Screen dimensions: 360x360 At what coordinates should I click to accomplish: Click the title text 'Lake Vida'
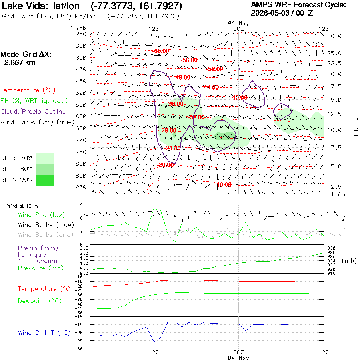pyautogui.click(x=24, y=6)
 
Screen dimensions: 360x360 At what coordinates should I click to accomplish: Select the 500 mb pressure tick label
pyautogui.click(x=81, y=93)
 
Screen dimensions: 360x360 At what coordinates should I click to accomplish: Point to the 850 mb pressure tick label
pyautogui.click(x=81, y=176)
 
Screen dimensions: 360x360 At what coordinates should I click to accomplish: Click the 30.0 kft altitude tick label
pyautogui.click(x=334, y=36)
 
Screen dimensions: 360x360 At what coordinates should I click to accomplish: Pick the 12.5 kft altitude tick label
pyautogui.click(x=334, y=114)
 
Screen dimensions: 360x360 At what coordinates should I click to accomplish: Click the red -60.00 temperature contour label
pyautogui.click(x=162, y=51)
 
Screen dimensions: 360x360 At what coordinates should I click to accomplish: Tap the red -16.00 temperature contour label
pyautogui.click(x=224, y=184)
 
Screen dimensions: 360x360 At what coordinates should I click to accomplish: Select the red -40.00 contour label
pyautogui.click(x=239, y=97)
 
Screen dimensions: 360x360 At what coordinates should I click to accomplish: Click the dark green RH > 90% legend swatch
pyautogui.click(x=45, y=180)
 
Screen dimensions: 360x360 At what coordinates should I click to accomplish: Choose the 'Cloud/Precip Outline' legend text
pyautogui.click(x=33, y=112)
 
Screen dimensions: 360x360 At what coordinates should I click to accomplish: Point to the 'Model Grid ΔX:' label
pyautogui.click(x=26, y=54)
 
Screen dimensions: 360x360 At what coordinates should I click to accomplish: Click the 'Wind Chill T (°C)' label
pyautogui.click(x=44, y=333)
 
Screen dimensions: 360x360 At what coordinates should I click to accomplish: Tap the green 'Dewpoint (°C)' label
pyautogui.click(x=40, y=301)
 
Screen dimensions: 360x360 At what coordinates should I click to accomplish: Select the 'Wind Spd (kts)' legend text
pyautogui.click(x=41, y=215)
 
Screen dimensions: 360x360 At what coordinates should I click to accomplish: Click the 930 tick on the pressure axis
pyautogui.click(x=331, y=248)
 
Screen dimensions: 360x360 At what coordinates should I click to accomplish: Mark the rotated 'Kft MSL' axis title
pyautogui.click(x=356, y=126)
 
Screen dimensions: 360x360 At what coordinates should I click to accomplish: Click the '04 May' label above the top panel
pyautogui.click(x=238, y=24)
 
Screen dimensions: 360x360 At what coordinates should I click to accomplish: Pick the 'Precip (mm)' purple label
pyautogui.click(x=38, y=248)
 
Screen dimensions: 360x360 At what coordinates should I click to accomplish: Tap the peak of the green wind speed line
pyautogui.click(x=154, y=209)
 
